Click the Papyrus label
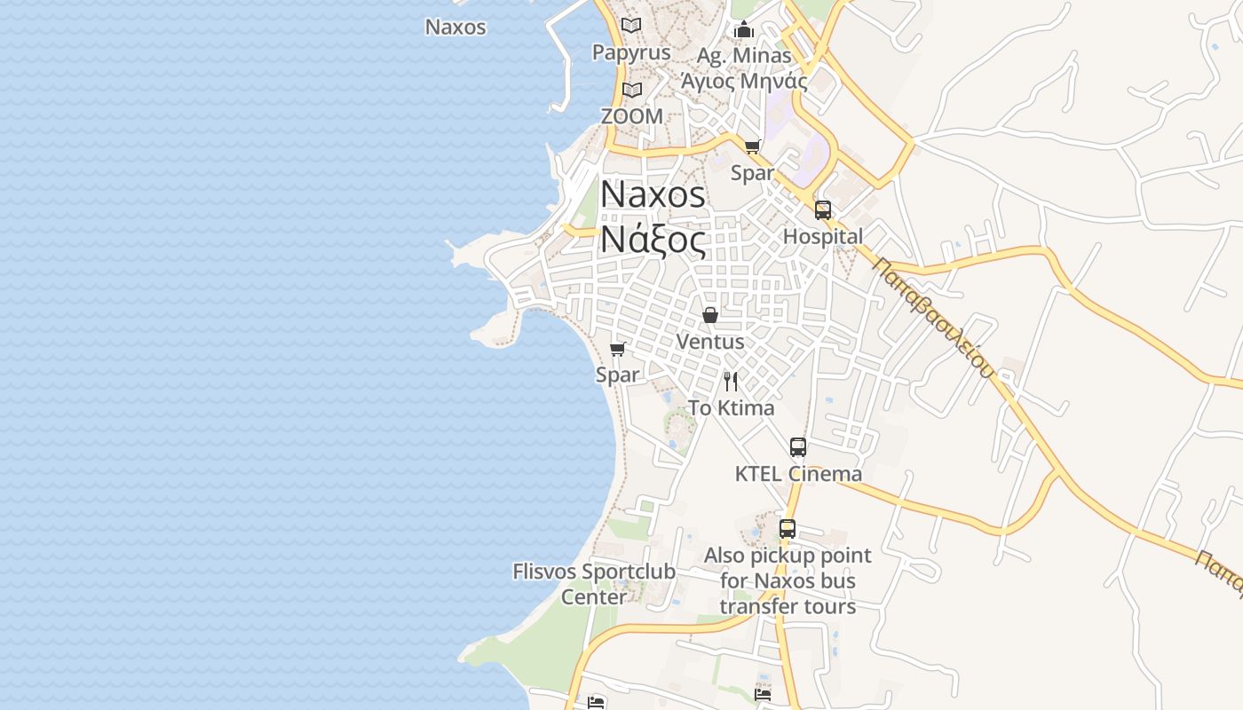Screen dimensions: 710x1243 [631, 52]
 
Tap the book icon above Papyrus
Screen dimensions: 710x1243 [631, 26]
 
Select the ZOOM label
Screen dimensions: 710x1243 [631, 116]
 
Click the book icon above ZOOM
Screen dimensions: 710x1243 [631, 91]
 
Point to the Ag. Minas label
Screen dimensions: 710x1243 [743, 55]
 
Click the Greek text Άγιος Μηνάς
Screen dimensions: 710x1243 [743, 82]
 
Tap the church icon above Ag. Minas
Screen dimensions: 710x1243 [743, 30]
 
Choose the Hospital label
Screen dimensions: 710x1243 [822, 237]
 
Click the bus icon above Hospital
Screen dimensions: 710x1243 [823, 210]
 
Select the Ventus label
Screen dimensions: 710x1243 [710, 342]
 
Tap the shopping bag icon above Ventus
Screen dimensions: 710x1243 [710, 315]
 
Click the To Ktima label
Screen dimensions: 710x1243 [731, 408]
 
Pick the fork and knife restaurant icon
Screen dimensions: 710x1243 [731, 382]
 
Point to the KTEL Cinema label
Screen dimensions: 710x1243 [798, 474]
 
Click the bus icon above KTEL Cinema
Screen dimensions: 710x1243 [798, 447]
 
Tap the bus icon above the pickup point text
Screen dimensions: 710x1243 [788, 529]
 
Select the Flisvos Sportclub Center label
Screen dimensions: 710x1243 [594, 584]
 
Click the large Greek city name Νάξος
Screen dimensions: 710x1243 [653, 240]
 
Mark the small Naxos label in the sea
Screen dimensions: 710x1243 [455, 27]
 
